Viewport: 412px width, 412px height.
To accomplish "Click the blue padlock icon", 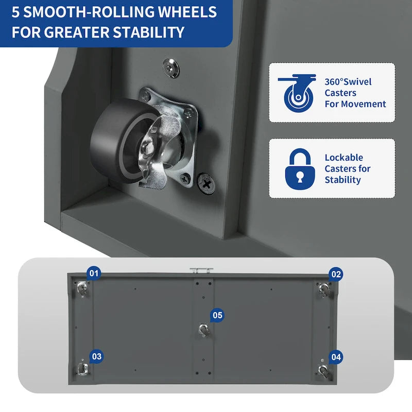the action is click(x=300, y=169).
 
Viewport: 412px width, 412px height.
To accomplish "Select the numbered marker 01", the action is click(x=94, y=273).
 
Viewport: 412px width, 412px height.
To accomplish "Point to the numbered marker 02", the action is click(x=336, y=274).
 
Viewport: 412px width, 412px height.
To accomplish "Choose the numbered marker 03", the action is click(x=96, y=356).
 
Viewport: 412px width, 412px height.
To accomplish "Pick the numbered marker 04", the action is click(x=336, y=357).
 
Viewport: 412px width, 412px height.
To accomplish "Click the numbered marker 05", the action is click(x=217, y=315).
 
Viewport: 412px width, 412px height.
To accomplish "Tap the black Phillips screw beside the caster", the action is click(x=207, y=183).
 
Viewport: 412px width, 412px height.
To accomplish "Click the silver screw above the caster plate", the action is click(x=171, y=68).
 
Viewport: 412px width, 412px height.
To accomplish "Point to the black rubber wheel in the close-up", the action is click(x=118, y=141).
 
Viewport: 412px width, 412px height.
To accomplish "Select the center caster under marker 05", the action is click(x=204, y=330).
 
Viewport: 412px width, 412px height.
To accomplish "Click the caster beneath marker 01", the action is click(x=82, y=288).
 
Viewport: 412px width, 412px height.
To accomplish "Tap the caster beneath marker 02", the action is click(x=324, y=289).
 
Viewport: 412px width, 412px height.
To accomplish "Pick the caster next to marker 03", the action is click(x=83, y=368).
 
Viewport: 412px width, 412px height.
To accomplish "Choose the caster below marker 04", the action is click(x=324, y=371).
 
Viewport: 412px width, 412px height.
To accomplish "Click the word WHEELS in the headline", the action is click(x=187, y=12).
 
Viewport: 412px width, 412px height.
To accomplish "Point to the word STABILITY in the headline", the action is click(x=148, y=32).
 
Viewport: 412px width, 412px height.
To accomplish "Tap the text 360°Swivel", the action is click(x=348, y=82).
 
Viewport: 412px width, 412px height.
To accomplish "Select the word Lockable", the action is click(x=344, y=158).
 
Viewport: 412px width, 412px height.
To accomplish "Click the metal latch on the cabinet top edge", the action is click(x=201, y=271).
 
